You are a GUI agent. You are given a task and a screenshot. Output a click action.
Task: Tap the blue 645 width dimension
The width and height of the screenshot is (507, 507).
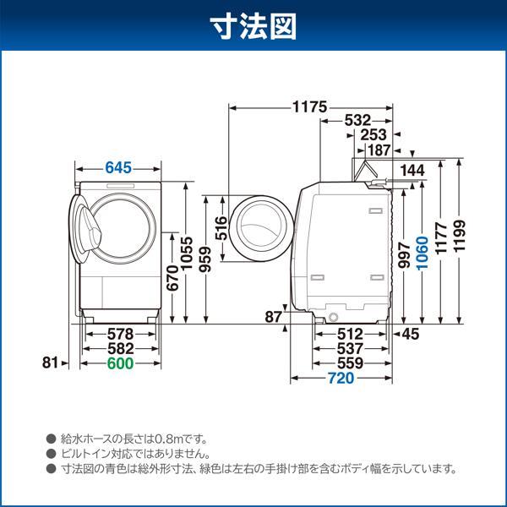pyautogui.click(x=118, y=167)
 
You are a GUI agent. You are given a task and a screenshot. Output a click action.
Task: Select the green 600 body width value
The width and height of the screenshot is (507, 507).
pyautogui.click(x=120, y=363)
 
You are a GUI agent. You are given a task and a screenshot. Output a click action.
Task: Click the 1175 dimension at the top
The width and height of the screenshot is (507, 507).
pyautogui.click(x=309, y=108)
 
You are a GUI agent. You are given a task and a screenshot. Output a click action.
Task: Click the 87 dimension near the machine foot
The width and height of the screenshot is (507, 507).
pyautogui.click(x=272, y=317)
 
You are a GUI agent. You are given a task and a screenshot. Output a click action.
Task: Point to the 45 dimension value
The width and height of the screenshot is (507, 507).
pyautogui.click(x=411, y=335)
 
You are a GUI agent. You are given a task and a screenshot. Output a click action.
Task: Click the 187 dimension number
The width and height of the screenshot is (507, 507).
pyautogui.click(x=379, y=150)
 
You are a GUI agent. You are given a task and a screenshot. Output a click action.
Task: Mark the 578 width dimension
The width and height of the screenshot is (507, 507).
pyautogui.click(x=119, y=335)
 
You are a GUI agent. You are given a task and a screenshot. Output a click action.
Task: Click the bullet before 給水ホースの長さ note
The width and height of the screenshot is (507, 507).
pyautogui.click(x=52, y=439)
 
